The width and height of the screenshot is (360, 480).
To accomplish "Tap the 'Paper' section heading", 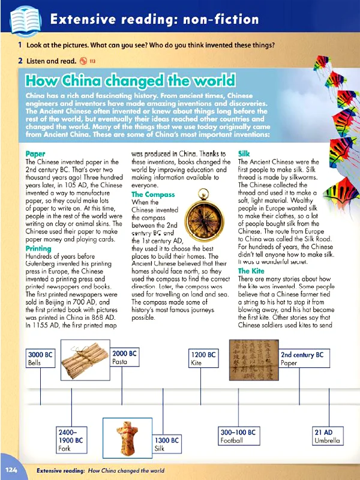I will [35, 154].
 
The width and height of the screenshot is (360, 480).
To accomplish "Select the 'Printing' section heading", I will [38, 248].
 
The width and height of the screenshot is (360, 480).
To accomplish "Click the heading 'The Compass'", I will [153, 194].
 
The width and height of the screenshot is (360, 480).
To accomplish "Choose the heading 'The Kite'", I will [251, 271].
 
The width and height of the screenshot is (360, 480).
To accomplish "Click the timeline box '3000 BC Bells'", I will [41, 359].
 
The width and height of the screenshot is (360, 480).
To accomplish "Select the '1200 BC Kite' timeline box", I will [203, 359].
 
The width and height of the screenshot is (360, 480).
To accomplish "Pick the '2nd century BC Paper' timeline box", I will [304, 359].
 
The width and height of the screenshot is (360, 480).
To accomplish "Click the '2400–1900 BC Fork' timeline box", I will [71, 440].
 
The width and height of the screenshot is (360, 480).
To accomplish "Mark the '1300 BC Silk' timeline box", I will [166, 444].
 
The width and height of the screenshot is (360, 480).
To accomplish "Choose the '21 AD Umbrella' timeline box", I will [327, 436].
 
